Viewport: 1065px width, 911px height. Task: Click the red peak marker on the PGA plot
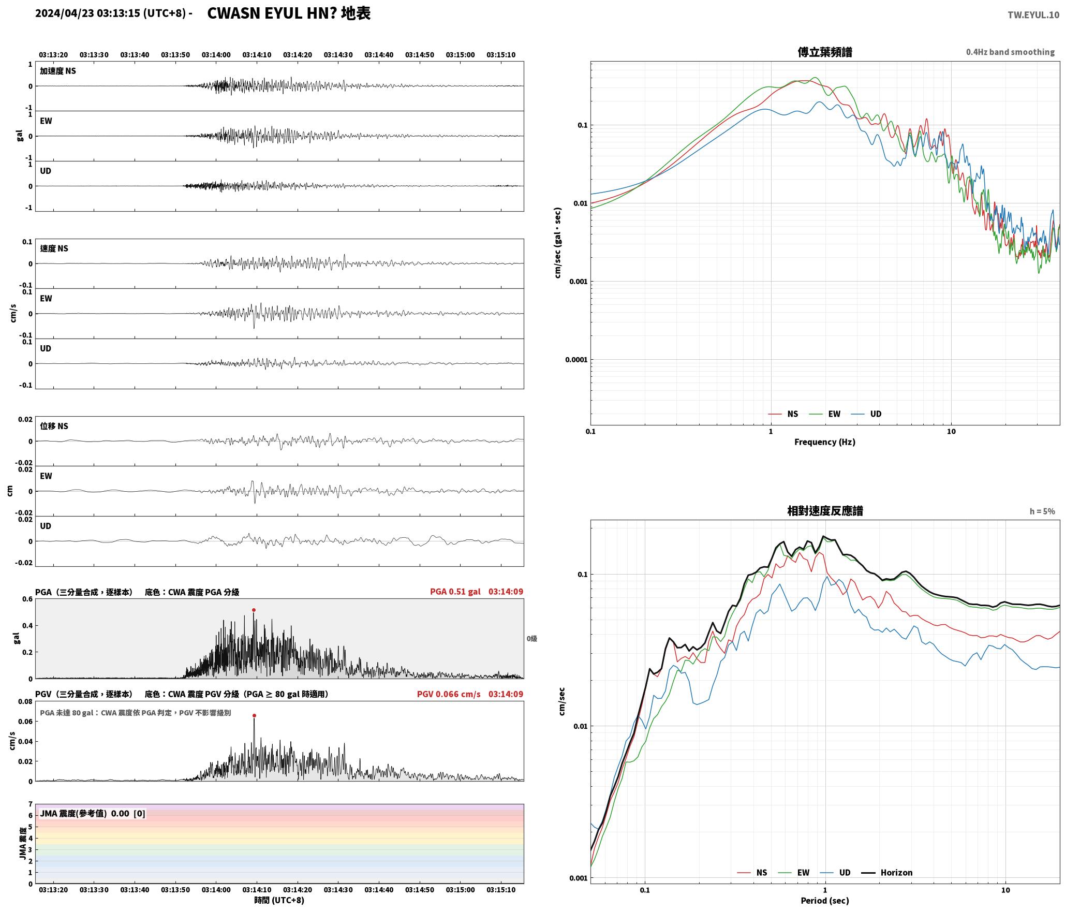[254, 610]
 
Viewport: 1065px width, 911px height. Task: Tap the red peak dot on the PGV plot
[254, 715]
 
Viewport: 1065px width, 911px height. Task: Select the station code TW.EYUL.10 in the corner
[1033, 15]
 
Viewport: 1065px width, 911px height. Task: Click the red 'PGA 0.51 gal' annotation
[455, 591]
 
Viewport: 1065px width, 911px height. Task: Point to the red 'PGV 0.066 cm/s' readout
[448, 694]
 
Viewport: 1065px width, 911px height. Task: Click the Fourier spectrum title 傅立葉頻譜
[825, 52]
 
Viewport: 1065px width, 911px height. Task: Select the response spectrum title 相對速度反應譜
[825, 510]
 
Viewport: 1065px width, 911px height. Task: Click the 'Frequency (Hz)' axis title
[825, 442]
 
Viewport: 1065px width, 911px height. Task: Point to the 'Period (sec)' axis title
[825, 900]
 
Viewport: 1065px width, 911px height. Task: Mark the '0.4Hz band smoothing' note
[1010, 52]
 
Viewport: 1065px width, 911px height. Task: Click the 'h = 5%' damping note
[1042, 511]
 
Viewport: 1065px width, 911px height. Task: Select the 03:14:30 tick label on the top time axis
[338, 54]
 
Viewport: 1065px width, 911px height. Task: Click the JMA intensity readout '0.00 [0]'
[128, 813]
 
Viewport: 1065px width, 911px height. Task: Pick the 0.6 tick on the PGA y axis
[27, 599]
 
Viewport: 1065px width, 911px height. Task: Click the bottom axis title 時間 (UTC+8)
[279, 900]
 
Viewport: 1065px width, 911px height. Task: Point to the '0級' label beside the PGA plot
[531, 638]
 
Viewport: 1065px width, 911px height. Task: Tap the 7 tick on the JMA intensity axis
[31, 804]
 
